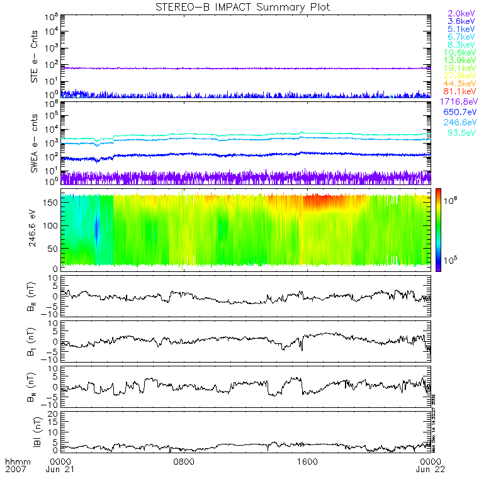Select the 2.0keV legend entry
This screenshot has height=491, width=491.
click(x=461, y=13)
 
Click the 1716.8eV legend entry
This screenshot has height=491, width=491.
click(x=457, y=101)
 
